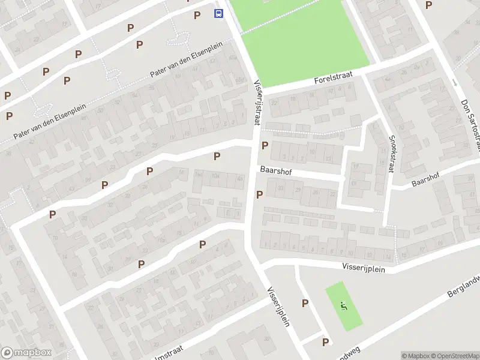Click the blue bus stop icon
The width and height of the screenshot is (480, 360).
(220, 13)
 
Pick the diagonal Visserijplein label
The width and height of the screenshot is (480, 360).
(278, 305)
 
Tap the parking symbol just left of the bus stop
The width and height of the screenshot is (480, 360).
(197, 15)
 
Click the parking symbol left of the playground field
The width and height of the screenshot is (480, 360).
(305, 304)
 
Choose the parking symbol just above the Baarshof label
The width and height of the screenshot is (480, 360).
(265, 145)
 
